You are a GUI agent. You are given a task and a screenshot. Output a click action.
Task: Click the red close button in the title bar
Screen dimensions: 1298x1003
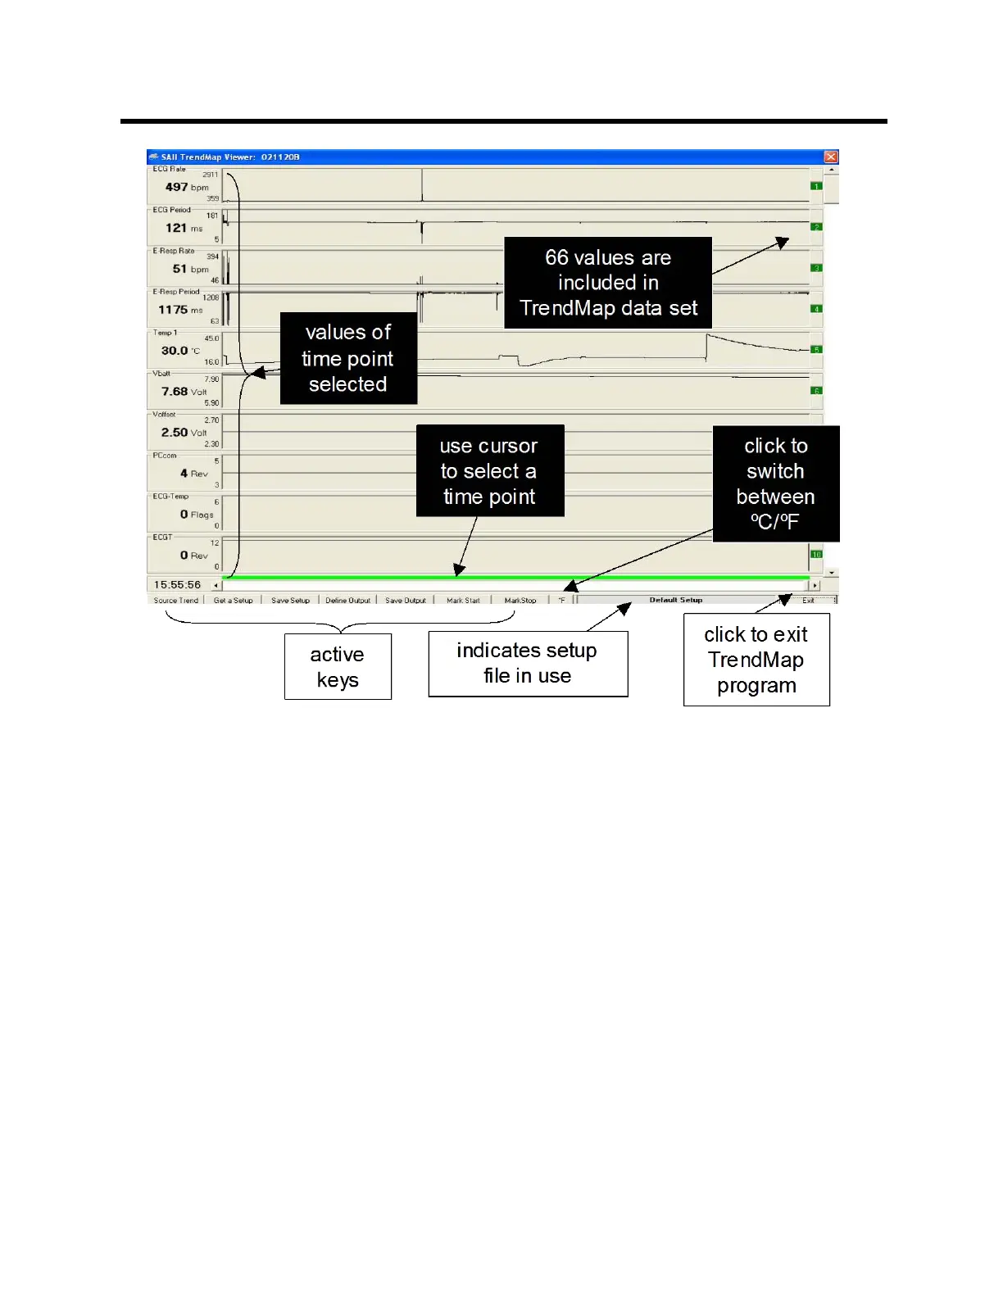[x=831, y=157]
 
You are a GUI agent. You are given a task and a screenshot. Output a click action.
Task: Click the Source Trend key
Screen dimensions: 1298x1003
[x=176, y=601]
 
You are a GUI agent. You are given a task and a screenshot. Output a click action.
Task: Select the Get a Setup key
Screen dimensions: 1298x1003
[x=234, y=601]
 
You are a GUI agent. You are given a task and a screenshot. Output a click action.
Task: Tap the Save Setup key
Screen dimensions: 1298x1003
[x=291, y=601]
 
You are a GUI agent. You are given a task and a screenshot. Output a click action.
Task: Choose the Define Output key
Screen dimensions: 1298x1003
[x=348, y=601]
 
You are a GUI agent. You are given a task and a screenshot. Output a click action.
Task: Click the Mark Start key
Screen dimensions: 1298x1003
[x=463, y=601]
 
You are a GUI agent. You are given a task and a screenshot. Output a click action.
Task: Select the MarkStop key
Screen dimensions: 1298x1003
[x=520, y=601]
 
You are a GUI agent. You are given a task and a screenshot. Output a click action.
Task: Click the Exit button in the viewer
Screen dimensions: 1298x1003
[x=809, y=601]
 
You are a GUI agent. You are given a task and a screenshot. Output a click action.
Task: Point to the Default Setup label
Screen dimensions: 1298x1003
[x=676, y=600]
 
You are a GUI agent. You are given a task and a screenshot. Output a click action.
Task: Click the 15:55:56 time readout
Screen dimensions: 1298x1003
[x=178, y=585]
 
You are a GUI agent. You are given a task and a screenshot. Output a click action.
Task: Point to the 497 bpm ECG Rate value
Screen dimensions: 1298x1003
[x=187, y=187]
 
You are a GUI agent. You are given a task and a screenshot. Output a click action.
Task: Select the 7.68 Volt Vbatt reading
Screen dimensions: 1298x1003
[x=184, y=392]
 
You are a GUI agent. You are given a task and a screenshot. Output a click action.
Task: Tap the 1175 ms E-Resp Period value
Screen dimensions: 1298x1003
[x=180, y=310]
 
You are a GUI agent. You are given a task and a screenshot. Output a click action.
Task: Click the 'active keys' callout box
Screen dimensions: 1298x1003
[x=338, y=667]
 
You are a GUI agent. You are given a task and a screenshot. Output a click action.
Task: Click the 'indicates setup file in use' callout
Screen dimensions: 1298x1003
[x=528, y=663]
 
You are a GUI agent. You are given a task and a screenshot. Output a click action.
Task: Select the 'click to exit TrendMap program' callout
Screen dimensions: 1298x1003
[x=756, y=660]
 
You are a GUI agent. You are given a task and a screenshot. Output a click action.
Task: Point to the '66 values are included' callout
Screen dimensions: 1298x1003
[x=608, y=283]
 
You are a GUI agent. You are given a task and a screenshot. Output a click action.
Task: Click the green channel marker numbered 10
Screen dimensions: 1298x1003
[x=816, y=555]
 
